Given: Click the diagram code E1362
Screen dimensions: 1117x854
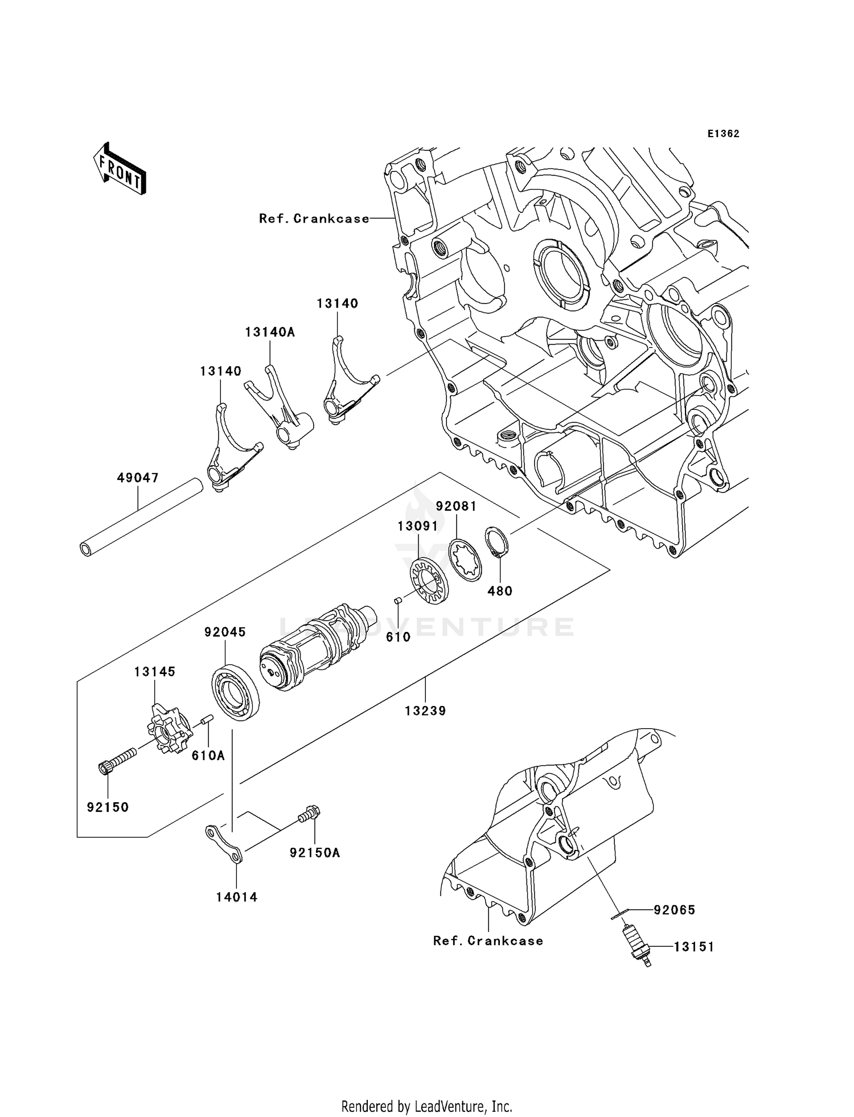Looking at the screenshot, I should (x=723, y=134).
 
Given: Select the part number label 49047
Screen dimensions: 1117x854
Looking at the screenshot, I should (x=138, y=478).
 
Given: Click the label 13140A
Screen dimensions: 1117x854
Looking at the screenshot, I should (x=270, y=332).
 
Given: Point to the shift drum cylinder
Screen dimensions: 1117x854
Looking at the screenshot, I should (x=313, y=648).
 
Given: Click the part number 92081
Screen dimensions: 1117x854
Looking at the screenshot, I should (x=456, y=506).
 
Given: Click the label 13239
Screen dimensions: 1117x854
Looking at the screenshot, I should (x=425, y=711).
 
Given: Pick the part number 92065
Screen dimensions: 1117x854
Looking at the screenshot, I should (x=675, y=910).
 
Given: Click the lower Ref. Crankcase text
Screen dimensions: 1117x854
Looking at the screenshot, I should (x=488, y=941).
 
